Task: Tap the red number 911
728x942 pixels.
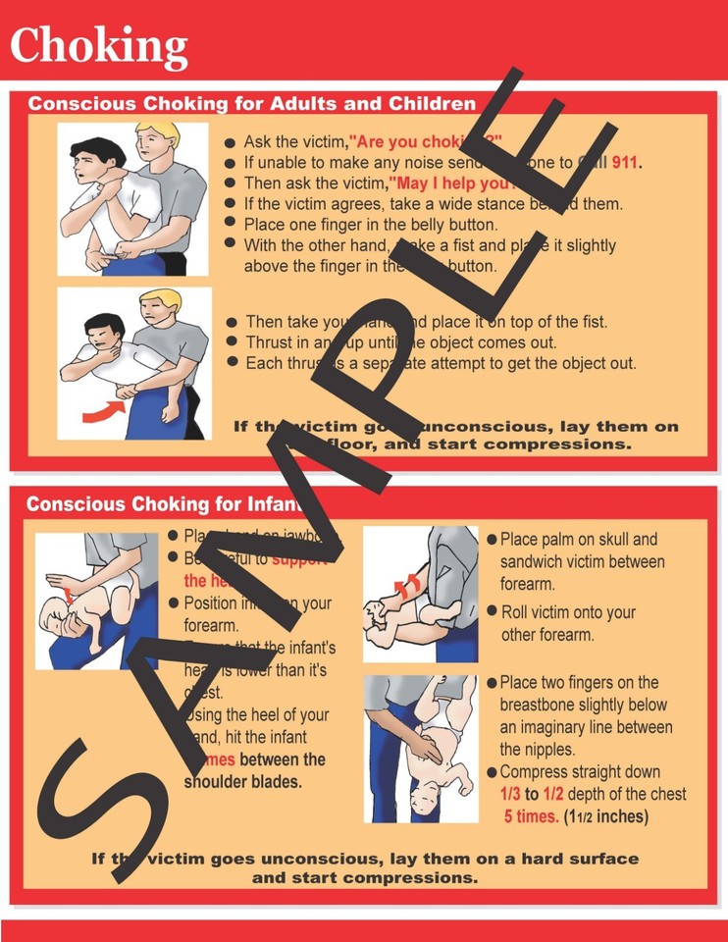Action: pyautogui.click(x=625, y=163)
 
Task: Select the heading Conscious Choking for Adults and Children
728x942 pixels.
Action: pyautogui.click(x=251, y=104)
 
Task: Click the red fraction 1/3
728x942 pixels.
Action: pyautogui.click(x=512, y=794)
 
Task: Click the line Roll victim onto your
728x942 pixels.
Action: pyautogui.click(x=568, y=612)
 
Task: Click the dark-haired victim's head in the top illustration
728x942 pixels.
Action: pyautogui.click(x=97, y=157)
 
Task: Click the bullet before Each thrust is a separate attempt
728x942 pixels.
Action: pyautogui.click(x=232, y=362)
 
